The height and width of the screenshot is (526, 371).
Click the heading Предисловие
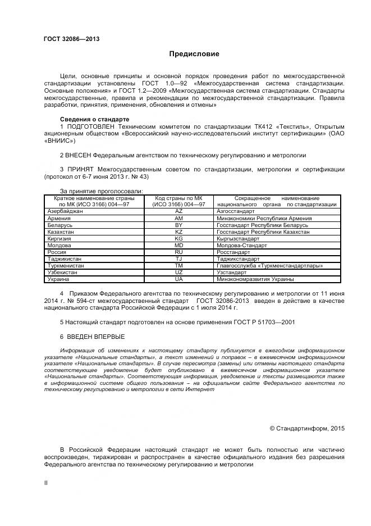pos(195,55)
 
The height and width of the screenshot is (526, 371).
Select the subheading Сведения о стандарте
pos(94,120)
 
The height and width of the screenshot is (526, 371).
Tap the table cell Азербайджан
pos(65,211)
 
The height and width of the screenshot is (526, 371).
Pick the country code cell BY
pos(178,225)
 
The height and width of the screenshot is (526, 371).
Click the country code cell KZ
pos(178,232)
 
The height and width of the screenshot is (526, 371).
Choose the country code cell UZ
pos(178,272)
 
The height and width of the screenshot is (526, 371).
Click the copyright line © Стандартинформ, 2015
pos(307,428)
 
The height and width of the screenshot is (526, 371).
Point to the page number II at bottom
pos(45,482)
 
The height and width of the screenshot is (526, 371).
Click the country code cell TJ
pos(178,259)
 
